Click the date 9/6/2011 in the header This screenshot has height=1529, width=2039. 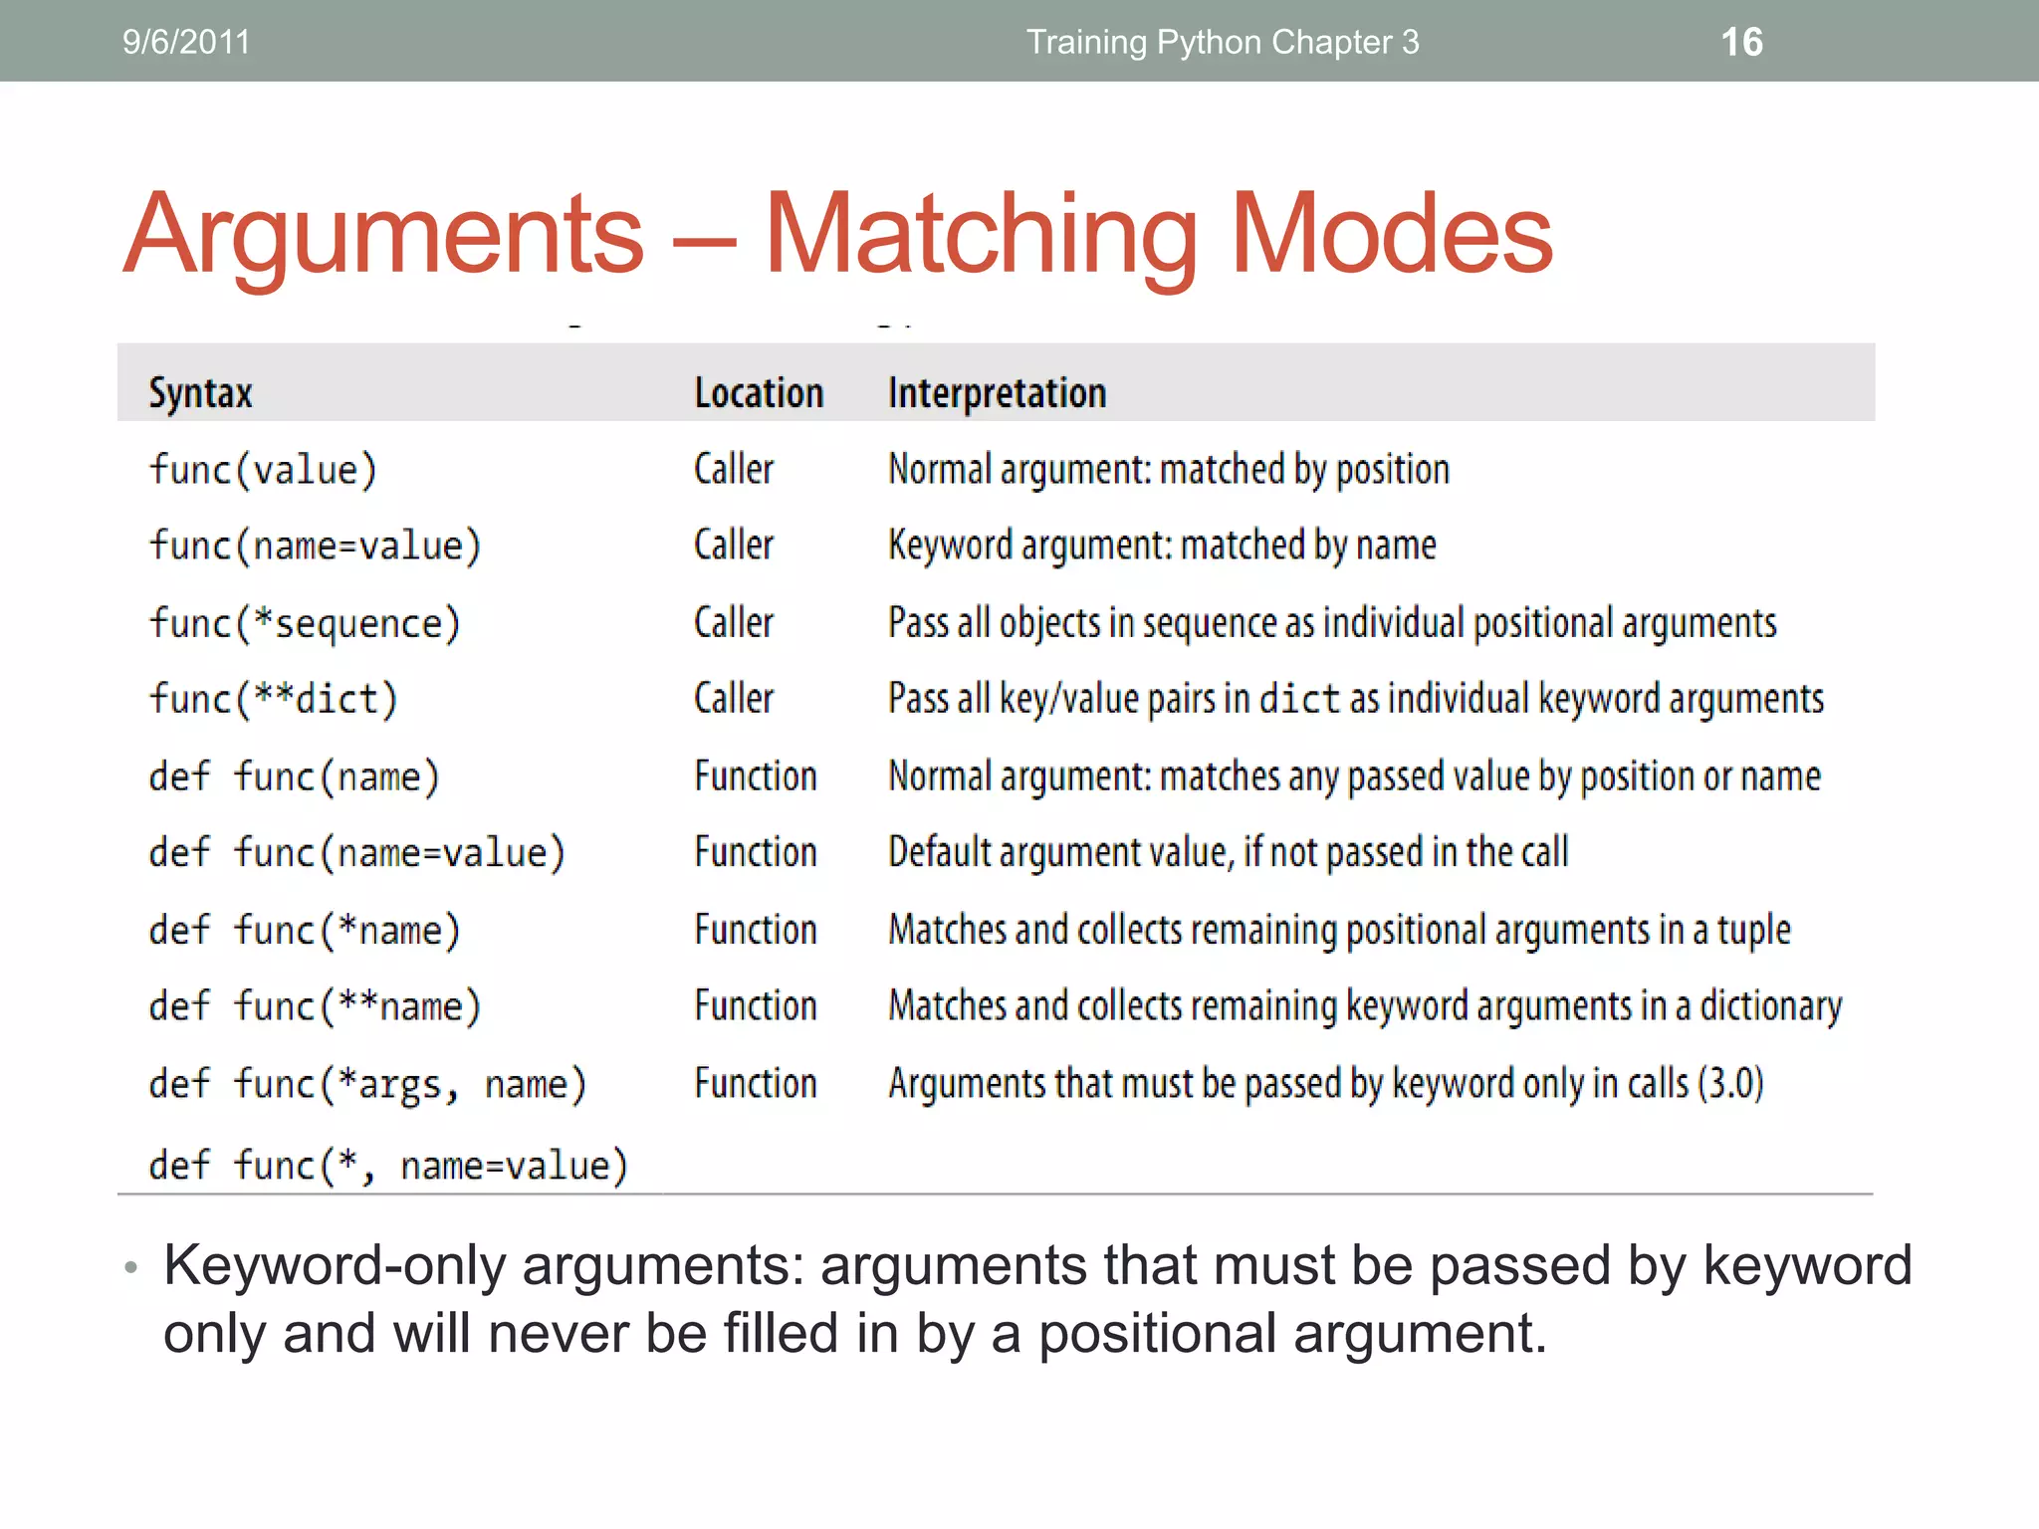[186, 42]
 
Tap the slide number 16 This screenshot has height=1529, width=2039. [1741, 42]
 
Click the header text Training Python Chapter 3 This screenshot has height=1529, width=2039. [1223, 42]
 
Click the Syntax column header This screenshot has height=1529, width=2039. [200, 393]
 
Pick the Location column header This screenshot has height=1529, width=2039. [759, 393]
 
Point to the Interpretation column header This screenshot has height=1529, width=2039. [997, 393]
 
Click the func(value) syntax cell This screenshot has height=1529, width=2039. [263, 470]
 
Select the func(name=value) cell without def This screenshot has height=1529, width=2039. [315, 546]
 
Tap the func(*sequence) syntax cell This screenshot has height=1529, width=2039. [305, 623]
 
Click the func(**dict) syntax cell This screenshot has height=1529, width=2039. [273, 699]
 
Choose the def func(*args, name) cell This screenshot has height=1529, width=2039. [367, 1084]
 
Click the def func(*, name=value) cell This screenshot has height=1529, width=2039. [388, 1165]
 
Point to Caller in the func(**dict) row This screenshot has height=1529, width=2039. [734, 699]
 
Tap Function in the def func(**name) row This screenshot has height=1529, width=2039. [756, 1005]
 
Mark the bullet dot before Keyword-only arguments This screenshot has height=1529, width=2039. [130, 1268]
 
